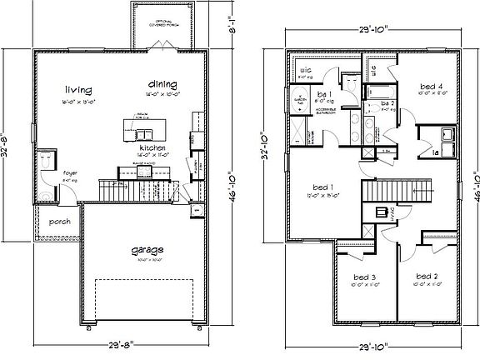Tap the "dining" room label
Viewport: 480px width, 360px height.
[162, 84]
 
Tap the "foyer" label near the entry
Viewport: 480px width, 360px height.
[47, 173]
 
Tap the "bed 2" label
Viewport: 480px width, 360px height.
[426, 275]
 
